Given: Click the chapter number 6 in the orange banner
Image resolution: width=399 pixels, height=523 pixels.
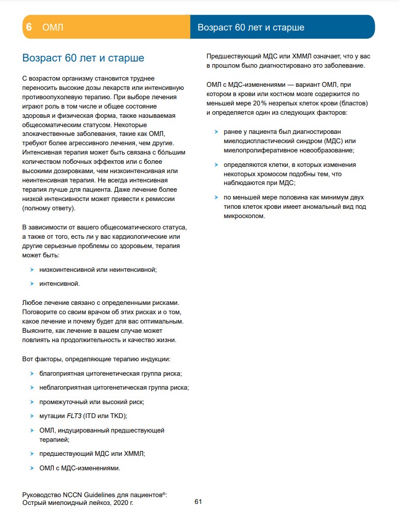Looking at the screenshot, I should coord(29,27).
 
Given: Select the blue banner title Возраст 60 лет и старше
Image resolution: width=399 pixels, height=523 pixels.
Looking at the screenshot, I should coord(251,27).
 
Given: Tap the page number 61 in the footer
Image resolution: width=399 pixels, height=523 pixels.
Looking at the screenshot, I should coord(198,501).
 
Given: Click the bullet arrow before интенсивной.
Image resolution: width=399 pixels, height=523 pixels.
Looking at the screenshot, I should coord(33,283).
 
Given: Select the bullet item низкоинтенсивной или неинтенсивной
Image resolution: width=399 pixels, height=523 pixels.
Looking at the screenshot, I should coord(98,269).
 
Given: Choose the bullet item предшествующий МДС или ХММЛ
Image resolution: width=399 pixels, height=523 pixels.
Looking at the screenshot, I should coord(92,454).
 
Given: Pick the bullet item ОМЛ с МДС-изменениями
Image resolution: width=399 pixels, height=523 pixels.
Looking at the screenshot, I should coord(80,468).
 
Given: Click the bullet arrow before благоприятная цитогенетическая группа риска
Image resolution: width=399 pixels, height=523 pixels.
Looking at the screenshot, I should coord(33,373).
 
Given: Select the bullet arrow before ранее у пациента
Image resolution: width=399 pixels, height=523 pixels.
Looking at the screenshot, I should coord(217,131).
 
